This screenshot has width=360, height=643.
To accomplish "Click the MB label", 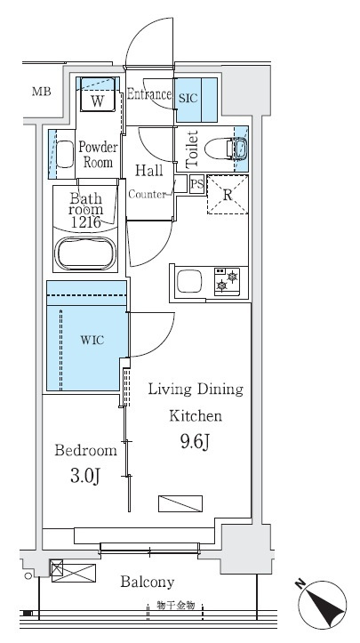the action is pyautogui.click(x=42, y=92).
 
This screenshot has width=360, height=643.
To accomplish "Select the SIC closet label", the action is pyautogui.click(x=188, y=99).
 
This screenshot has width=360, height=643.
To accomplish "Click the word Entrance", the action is pyautogui.click(x=148, y=95).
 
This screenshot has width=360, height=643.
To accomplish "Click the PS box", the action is pyautogui.click(x=197, y=184).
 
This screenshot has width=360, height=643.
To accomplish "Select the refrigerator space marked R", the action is pyautogui.click(x=228, y=195).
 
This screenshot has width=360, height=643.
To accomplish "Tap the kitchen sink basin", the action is pyautogui.click(x=189, y=281).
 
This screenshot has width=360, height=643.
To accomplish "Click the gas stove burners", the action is pyautogui.click(x=227, y=281).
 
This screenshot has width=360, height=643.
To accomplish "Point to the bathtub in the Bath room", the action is pyautogui.click(x=85, y=253).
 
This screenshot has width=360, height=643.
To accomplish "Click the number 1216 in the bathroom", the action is pyautogui.click(x=85, y=222).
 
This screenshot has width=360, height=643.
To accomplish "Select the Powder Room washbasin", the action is pyautogui.click(x=64, y=154).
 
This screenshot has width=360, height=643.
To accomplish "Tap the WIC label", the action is pyautogui.click(x=92, y=340).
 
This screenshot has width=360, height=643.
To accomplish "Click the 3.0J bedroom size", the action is pyautogui.click(x=85, y=477).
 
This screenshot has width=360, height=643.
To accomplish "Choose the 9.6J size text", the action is pyautogui.click(x=196, y=441).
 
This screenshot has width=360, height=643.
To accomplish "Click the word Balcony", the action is pyautogui.click(x=148, y=582).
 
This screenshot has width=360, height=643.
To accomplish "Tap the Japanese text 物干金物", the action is pyautogui.click(x=175, y=605).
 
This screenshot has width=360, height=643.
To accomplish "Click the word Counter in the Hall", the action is pyautogui.click(x=148, y=195).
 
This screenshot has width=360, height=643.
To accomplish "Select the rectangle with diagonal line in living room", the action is pyautogui.click(x=180, y=503).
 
